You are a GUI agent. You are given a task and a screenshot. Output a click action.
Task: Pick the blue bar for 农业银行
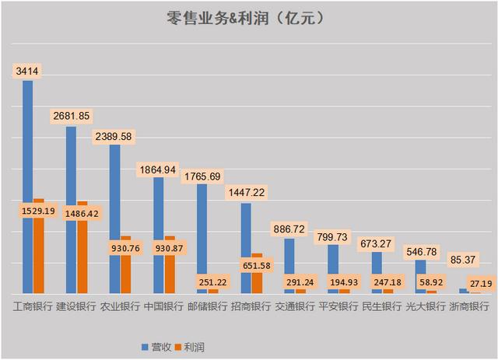pyautogui.click(x=114, y=218)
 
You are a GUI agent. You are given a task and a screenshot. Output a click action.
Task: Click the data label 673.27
pyautogui.click(x=379, y=243)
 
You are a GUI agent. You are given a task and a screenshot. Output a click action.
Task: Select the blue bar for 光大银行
pyautogui.click(x=420, y=276)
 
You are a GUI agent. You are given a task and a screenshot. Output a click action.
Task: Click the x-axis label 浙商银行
pyautogui.click(x=469, y=306)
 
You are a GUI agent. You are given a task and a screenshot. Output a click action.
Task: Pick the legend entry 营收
pyautogui.click(x=226, y=344)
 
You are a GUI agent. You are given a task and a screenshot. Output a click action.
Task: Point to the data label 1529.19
pyautogui.click(x=39, y=211)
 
